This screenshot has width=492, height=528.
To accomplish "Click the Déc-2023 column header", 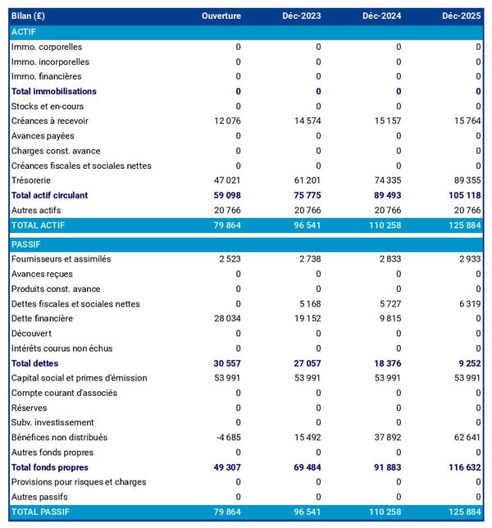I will [x=301, y=16].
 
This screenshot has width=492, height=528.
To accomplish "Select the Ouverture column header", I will [x=221, y=16].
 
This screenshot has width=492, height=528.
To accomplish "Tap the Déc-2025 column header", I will [x=462, y=16].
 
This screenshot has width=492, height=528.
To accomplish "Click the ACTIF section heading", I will [x=24, y=32].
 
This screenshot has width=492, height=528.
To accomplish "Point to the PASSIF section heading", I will [x=25, y=244].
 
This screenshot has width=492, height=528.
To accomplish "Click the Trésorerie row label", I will [x=31, y=180].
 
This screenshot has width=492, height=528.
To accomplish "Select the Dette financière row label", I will [x=42, y=319].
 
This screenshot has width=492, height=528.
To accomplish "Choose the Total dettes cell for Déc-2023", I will [x=304, y=363].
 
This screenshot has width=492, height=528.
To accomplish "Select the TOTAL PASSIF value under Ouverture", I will [x=225, y=512].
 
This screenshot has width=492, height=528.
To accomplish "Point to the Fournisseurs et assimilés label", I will [x=61, y=259].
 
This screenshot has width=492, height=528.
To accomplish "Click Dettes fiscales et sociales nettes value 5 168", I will [x=306, y=304].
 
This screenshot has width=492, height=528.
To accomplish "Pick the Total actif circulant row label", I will [x=49, y=196].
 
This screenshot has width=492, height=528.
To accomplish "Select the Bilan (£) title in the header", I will [x=30, y=16].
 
